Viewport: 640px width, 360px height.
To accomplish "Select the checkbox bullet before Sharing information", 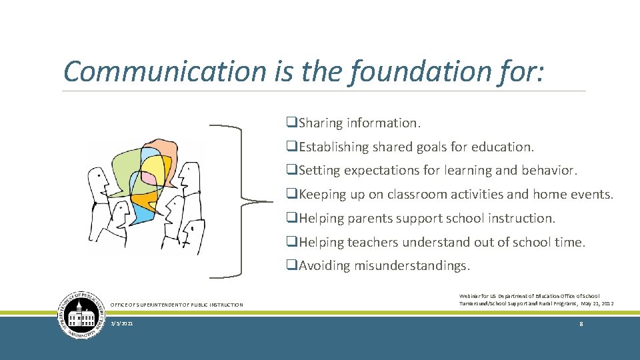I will pyautogui.click(x=291, y=123).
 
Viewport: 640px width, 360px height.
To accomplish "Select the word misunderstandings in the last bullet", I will pyautogui.click(x=411, y=266).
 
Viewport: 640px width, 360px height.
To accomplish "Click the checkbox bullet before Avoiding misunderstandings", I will pyautogui.click(x=291, y=266).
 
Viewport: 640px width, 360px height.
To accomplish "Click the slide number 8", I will pyautogui.click(x=581, y=323).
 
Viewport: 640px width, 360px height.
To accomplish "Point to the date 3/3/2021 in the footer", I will pyautogui.click(x=123, y=323).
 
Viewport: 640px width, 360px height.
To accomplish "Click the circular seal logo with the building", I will pyautogui.click(x=81, y=315).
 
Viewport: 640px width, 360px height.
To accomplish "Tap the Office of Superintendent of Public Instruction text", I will pyautogui.click(x=176, y=305).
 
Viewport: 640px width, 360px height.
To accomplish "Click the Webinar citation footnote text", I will pyautogui.click(x=536, y=299).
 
